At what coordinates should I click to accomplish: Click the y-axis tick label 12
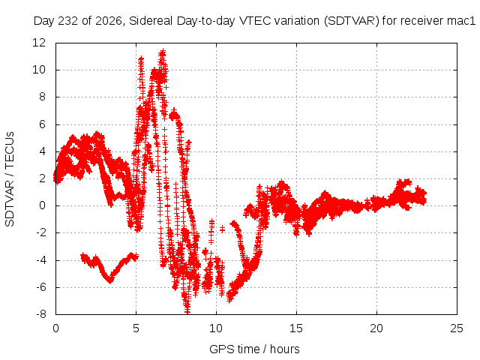point(39,43)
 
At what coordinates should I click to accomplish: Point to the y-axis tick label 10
point(39,70)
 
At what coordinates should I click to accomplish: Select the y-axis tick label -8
point(41,314)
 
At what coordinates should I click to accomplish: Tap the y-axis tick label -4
point(41,260)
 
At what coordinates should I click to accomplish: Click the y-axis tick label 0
point(42,205)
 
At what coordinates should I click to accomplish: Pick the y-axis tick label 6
point(42,124)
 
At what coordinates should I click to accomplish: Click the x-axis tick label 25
point(457,328)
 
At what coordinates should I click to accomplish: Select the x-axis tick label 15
point(296,328)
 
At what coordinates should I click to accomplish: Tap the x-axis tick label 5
point(136,328)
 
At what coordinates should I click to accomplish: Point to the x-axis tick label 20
point(376,328)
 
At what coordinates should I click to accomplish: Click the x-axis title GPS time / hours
point(254,349)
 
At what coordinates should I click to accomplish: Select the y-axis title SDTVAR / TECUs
point(10,179)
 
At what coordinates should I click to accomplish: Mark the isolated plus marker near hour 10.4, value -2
point(222,229)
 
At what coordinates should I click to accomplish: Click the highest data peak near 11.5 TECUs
point(163,52)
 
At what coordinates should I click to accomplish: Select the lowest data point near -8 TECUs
point(187,312)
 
